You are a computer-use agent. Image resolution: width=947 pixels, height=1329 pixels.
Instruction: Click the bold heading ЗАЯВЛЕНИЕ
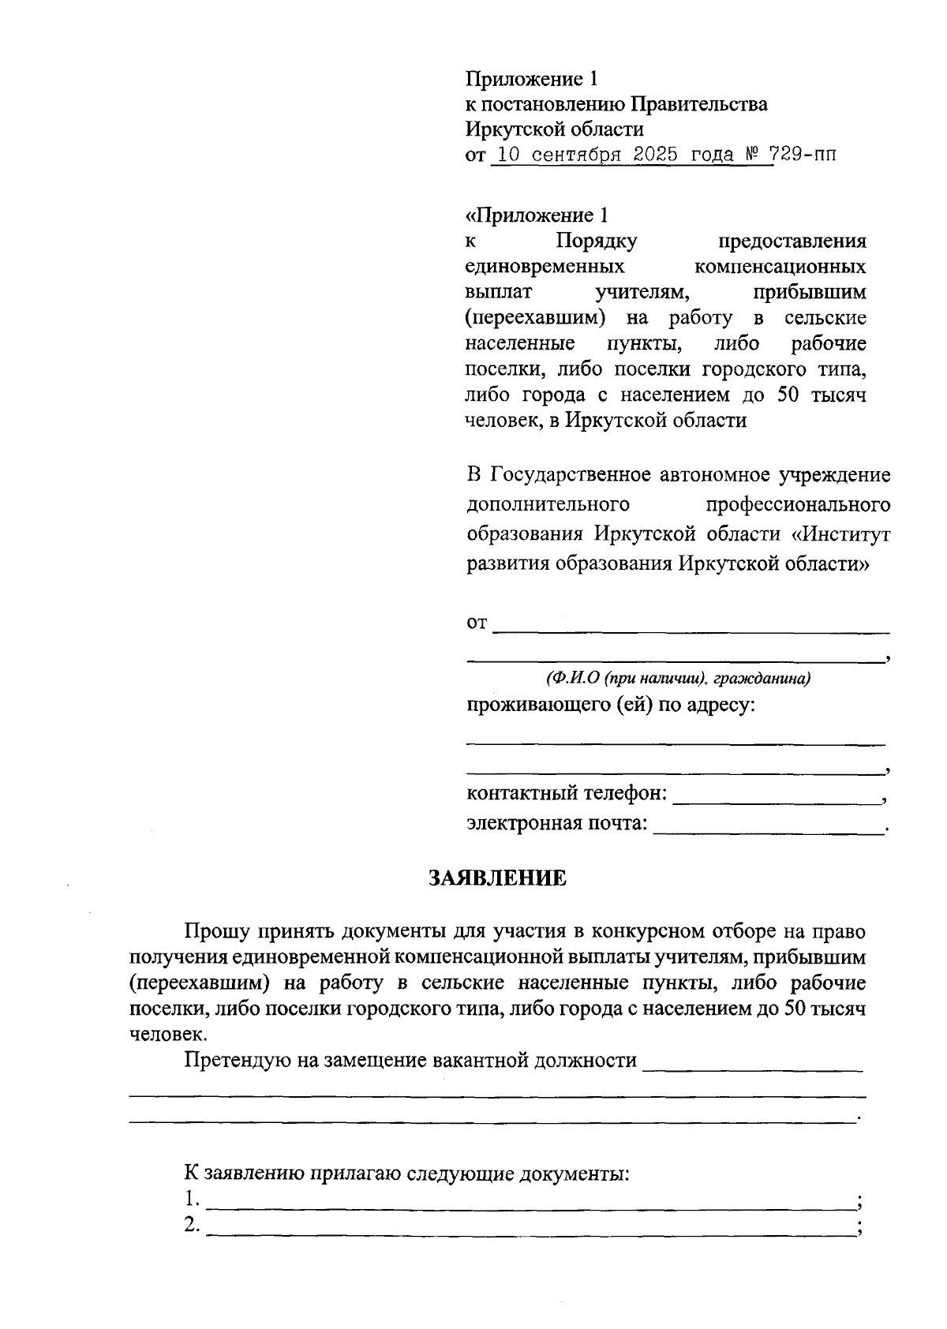[497, 878]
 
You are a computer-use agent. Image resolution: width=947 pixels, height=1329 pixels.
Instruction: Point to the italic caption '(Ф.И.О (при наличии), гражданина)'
[678, 678]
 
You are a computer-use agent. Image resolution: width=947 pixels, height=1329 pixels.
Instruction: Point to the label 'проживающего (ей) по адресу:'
[611, 704]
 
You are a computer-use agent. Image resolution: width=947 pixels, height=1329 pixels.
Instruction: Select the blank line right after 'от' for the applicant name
[691, 631]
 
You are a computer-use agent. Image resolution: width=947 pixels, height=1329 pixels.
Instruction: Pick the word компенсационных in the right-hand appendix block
[780, 266]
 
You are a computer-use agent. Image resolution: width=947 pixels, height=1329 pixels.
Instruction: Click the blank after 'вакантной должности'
[753, 1068]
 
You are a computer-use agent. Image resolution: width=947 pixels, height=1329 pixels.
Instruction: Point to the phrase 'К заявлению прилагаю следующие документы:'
[407, 1173]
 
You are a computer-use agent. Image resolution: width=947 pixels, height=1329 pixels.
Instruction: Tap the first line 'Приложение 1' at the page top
[533, 79]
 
